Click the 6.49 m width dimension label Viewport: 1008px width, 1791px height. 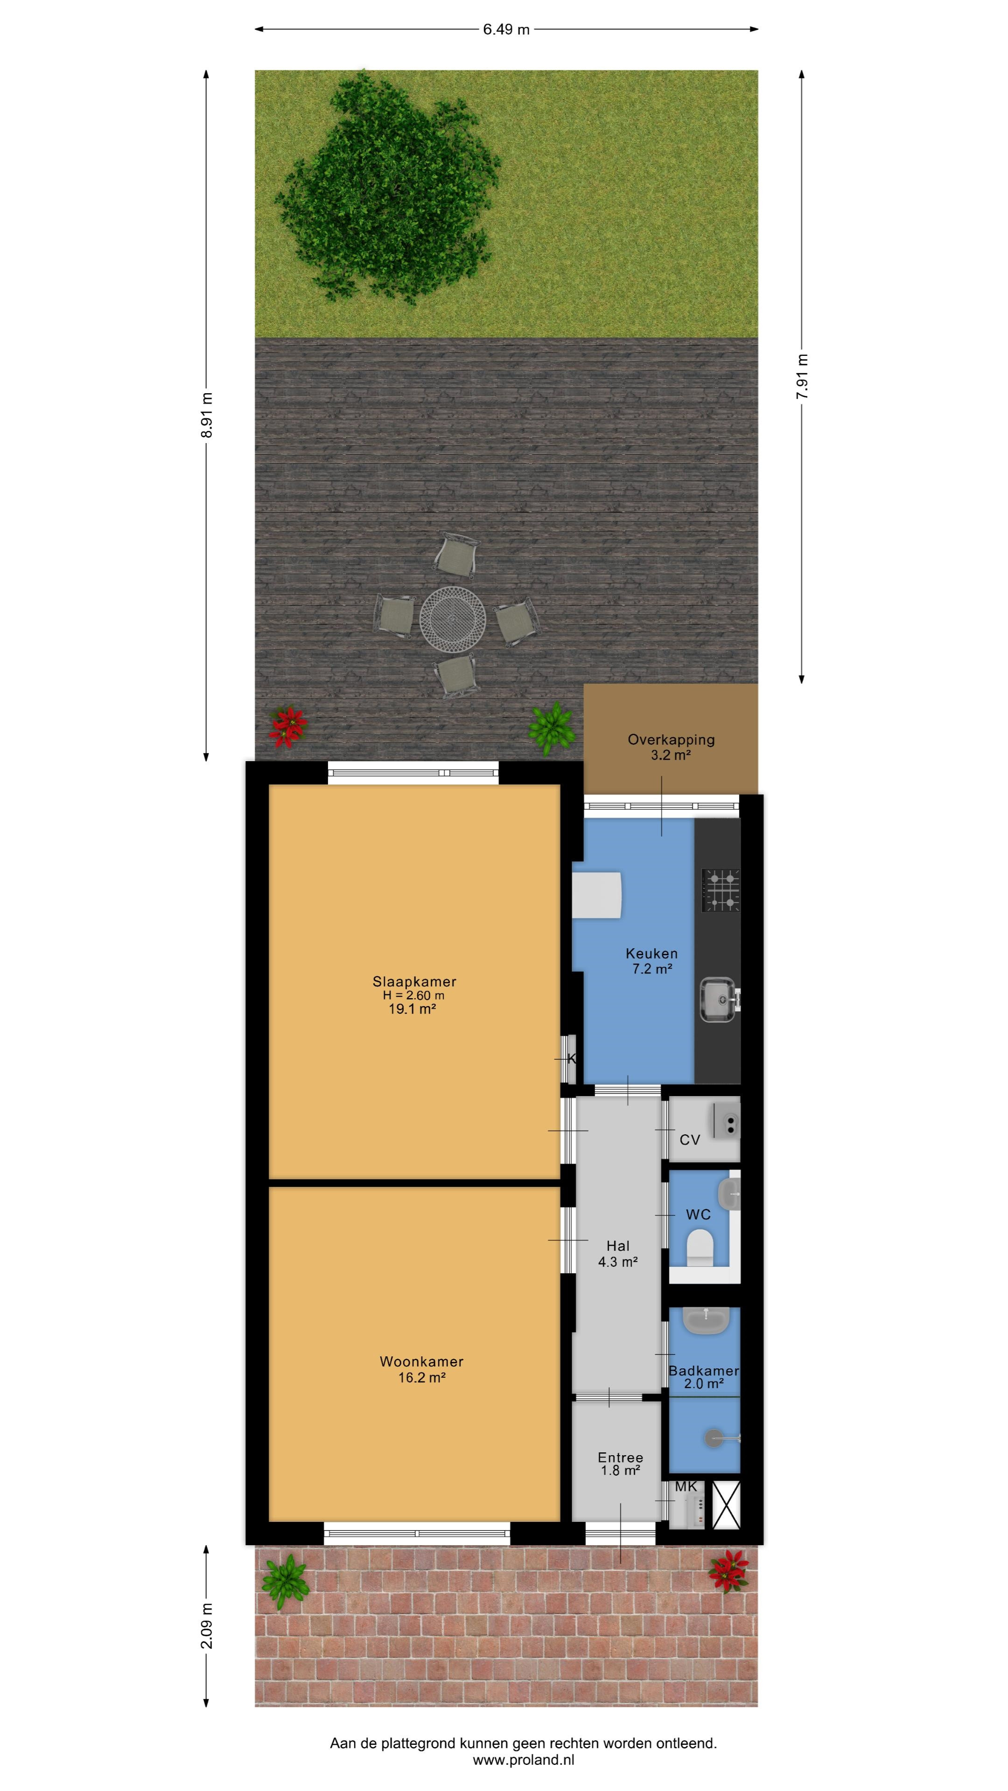tap(506, 29)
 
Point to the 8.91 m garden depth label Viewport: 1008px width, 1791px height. tap(207, 415)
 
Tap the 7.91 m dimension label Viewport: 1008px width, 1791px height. tap(802, 376)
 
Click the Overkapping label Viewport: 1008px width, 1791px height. tap(671, 740)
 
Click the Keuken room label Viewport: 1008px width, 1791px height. tap(651, 953)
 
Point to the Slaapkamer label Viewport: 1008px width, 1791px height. tap(414, 982)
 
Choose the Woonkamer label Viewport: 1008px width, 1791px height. tap(421, 1361)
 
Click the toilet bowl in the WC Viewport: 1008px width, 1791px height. tap(700, 1248)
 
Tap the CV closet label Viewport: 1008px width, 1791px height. tap(689, 1139)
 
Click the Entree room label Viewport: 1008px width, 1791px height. tap(620, 1457)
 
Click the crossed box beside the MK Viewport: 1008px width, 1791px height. tap(726, 1505)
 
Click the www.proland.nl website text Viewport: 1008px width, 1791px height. tap(523, 1760)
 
